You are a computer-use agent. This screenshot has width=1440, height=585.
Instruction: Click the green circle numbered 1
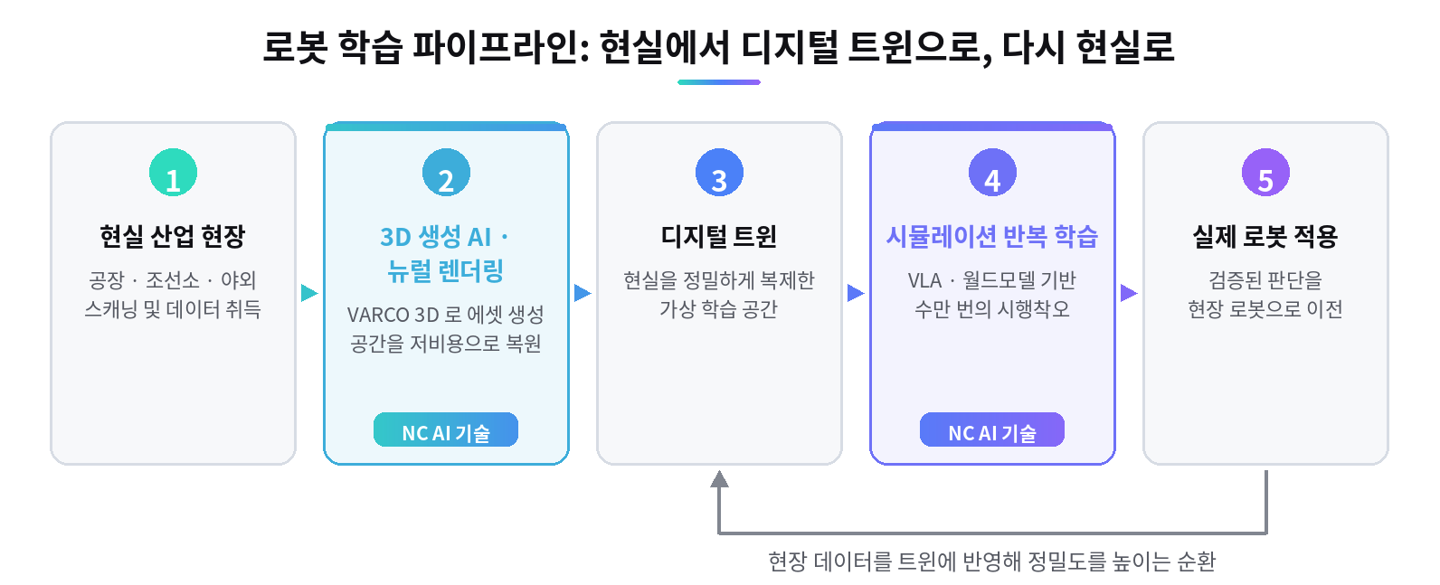click(x=173, y=173)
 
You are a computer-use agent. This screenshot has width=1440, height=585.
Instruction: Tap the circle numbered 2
click(x=446, y=173)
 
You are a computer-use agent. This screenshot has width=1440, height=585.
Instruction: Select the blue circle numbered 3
click(x=719, y=173)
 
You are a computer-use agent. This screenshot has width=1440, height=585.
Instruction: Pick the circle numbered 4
click(x=992, y=173)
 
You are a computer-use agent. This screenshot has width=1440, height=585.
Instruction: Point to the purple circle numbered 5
click(x=1265, y=173)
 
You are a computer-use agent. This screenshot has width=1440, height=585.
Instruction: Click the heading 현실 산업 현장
click(x=173, y=237)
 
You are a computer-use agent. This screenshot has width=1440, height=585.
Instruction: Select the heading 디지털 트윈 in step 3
click(x=719, y=237)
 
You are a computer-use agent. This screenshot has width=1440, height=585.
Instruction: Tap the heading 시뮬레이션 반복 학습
click(x=992, y=237)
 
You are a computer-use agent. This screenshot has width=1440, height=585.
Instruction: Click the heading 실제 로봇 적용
click(x=1265, y=237)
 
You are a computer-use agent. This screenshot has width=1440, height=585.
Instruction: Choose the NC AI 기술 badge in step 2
click(x=446, y=429)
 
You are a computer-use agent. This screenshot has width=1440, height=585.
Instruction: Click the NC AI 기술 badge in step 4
click(x=992, y=429)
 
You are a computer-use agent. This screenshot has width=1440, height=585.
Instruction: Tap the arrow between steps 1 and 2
click(x=309, y=293)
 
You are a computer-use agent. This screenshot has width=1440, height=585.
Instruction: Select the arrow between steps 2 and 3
click(x=583, y=293)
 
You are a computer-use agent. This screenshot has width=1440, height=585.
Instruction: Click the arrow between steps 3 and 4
click(x=856, y=293)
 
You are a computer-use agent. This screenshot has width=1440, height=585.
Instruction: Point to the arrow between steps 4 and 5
click(x=1129, y=293)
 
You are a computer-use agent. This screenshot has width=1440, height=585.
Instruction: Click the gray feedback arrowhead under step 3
click(x=719, y=479)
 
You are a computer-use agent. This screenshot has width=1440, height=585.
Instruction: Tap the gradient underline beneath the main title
click(x=719, y=82)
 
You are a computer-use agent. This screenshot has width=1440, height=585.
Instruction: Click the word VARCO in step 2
click(x=377, y=315)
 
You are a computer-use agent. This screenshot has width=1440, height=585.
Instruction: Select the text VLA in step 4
click(x=924, y=281)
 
